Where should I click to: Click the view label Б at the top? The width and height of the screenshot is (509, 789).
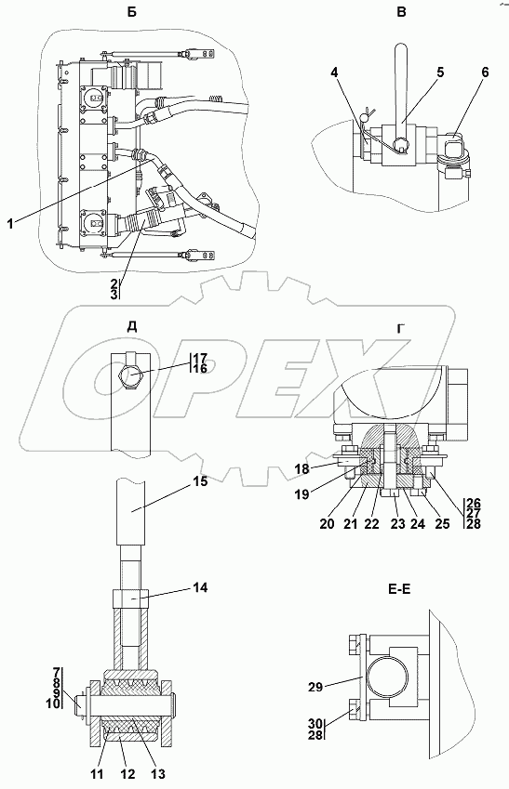131,13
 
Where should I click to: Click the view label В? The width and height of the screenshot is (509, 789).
401,13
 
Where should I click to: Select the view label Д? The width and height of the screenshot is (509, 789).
131,327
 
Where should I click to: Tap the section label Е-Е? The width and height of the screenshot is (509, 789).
398,589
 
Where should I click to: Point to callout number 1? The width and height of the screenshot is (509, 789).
10,224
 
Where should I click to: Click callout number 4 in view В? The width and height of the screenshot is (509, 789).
335,72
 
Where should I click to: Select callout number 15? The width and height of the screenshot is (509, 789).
199,481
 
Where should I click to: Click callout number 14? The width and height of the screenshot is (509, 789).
199,587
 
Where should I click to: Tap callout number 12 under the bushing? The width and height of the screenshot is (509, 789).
128,774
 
